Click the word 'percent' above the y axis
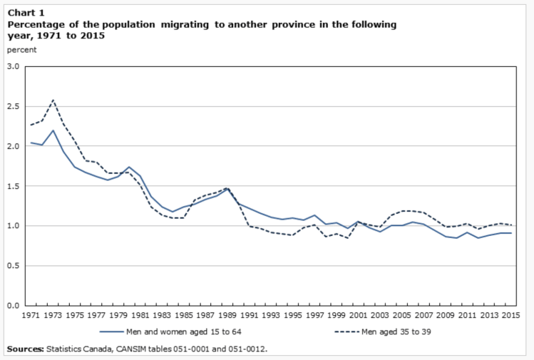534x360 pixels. [x=21, y=50]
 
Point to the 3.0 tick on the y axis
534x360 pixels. [x=14, y=66]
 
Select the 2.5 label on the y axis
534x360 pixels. [x=14, y=106]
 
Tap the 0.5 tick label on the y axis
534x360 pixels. [x=14, y=266]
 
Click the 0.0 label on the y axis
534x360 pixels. [x=14, y=306]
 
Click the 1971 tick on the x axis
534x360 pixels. [x=31, y=314]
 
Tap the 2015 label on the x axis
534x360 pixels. [x=509, y=314]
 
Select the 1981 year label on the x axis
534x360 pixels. [x=140, y=314]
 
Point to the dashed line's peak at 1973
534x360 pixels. [x=53, y=100]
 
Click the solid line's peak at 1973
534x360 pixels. [x=53, y=130]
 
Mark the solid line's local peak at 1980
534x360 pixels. [x=129, y=167]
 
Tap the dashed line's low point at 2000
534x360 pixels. [x=346, y=238]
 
